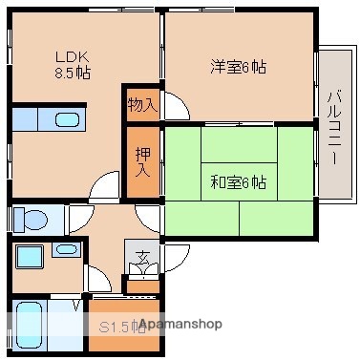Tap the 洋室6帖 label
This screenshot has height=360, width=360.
[x=238, y=67]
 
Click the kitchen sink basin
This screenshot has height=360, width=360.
[x=67, y=119]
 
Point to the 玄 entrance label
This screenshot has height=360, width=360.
[x=141, y=256]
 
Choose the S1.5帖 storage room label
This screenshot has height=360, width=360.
[x=119, y=326]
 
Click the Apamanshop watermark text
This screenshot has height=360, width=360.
[x=180, y=325]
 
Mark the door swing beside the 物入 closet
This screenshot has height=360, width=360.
[x=176, y=105]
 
